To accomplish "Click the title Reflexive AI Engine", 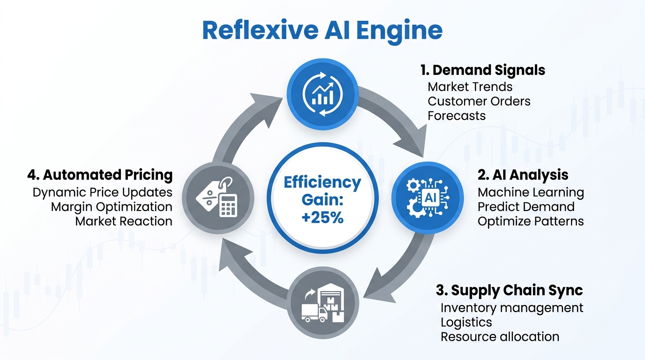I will (x=322, y=30).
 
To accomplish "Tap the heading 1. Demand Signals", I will (x=482, y=70).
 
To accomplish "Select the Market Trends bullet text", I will (x=470, y=87).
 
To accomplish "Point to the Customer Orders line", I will (x=479, y=101).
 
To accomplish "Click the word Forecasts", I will (x=457, y=115).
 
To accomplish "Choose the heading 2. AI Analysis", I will (x=523, y=175).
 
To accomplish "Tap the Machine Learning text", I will (x=531, y=192).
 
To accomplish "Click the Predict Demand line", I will (x=526, y=207).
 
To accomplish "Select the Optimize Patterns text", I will (x=531, y=221).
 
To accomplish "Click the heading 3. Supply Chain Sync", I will (x=509, y=290).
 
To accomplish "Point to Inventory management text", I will (x=512, y=307).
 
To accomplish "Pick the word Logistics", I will (x=466, y=322).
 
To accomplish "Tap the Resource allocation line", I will (x=500, y=337).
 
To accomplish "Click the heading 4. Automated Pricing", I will (x=100, y=175).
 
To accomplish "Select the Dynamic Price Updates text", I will (x=102, y=192).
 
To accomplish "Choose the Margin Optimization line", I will (x=112, y=207).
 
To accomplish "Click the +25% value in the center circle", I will (x=322, y=217).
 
